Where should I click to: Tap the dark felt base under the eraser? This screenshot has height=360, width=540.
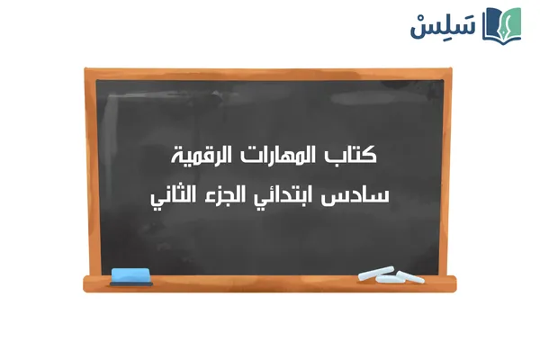pyautogui.click(x=132, y=279)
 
